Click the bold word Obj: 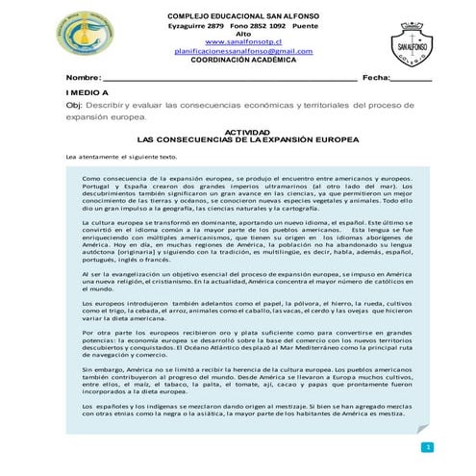pos(74,105)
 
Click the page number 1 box pos(427,447)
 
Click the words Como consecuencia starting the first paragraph pos(116,179)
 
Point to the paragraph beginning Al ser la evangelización pos(247,281)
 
